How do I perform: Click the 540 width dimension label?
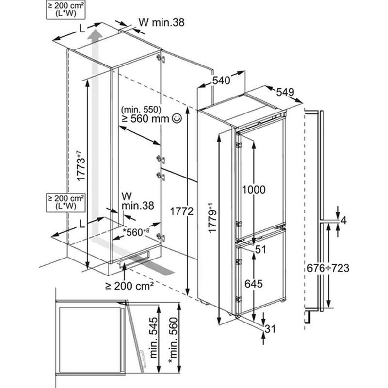click(x=221, y=82)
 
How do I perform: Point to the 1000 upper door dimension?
click(x=254, y=190)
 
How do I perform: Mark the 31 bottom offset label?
click(x=270, y=330)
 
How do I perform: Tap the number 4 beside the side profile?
click(x=344, y=221)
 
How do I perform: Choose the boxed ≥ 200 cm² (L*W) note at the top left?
click(x=65, y=10)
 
